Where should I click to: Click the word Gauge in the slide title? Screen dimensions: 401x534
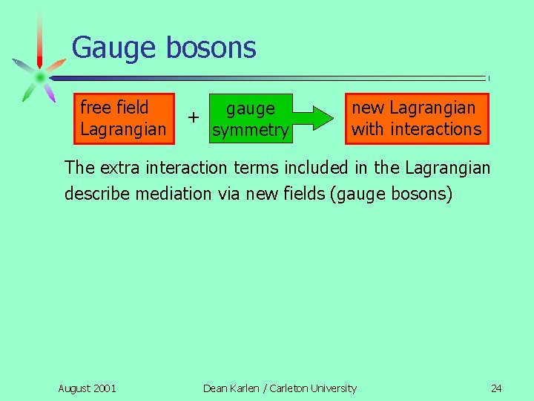pos(114,48)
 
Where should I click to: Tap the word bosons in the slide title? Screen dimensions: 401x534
pos(211,48)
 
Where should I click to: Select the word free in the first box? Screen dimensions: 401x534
pos(95,108)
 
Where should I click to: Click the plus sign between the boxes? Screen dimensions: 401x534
pos(193,117)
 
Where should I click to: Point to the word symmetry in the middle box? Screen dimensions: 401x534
pos(250,131)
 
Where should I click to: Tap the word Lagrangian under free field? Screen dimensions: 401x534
pos(123,129)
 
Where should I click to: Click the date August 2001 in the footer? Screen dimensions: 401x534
pos(87,388)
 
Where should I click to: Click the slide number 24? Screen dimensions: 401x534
pos(496,388)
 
